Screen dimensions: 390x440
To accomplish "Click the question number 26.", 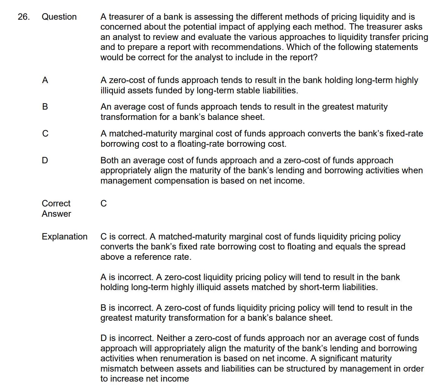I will pos(24,17).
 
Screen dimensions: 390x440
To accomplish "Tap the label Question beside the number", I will pos(59,17).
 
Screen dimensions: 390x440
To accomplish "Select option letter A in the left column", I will pos(45,81).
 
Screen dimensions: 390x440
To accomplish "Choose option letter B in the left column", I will pos(45,107).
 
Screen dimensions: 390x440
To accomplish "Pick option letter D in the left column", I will pos(45,160).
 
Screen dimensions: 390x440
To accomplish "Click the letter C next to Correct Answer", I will pos(104,204).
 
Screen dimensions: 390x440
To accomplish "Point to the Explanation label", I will pos(65,237).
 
